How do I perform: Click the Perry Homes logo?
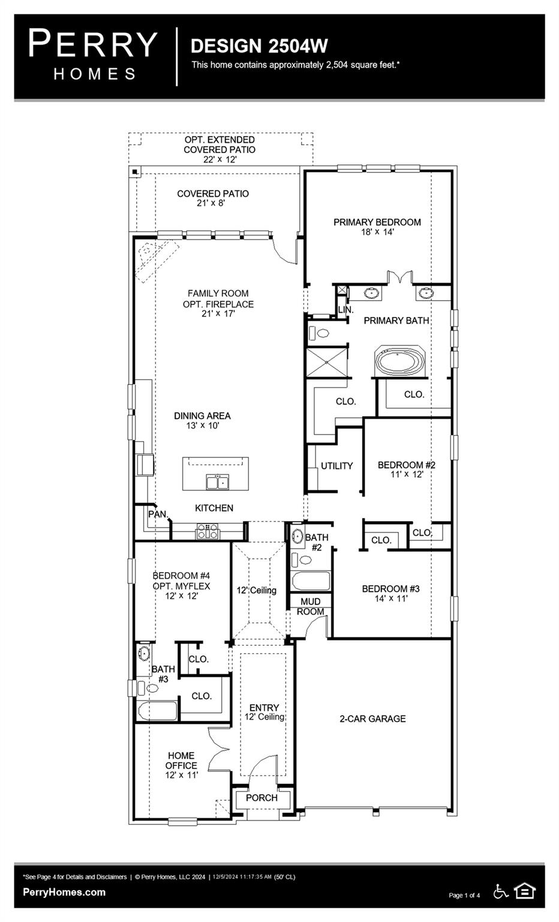click(93, 55)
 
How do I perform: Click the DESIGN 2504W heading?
click(259, 46)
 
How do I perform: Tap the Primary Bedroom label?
click(377, 222)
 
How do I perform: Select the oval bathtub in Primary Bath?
click(400, 361)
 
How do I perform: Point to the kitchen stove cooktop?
click(208, 531)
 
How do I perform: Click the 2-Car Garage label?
click(372, 719)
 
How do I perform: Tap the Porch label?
click(262, 798)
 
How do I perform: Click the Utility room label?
click(336, 466)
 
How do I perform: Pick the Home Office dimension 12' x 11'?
click(181, 775)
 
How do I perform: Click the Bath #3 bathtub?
click(158, 711)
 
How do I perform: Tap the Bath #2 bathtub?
click(310, 582)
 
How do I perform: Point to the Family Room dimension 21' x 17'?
click(218, 313)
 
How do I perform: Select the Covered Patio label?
click(212, 194)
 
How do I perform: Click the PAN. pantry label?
click(158, 514)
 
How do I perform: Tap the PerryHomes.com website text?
click(64, 892)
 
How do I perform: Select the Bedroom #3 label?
click(390, 589)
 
